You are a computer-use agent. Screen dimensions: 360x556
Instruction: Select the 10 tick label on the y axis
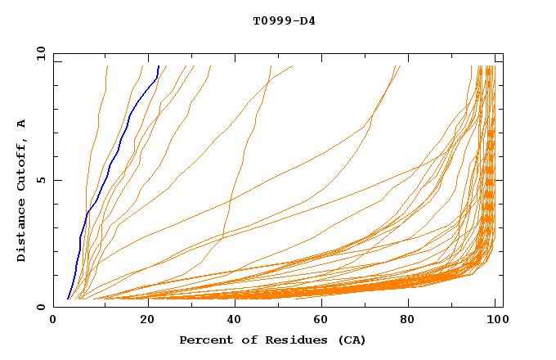point(38,53)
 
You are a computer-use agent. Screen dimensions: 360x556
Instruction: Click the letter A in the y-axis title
point(21,123)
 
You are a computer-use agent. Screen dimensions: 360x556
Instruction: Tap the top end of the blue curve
point(158,65)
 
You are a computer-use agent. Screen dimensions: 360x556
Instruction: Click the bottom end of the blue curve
point(67,299)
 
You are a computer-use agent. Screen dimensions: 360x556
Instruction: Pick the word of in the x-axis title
point(247,340)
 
